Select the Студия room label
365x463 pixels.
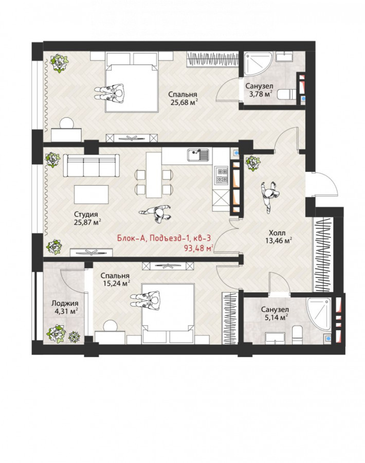tap(85, 215)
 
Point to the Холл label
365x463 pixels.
tap(277, 233)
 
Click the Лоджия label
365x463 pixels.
tap(65, 303)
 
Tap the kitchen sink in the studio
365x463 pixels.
tap(198, 155)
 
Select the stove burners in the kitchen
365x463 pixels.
tap(222, 175)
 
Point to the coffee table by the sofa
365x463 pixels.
tap(91, 194)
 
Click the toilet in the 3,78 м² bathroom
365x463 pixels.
tap(287, 95)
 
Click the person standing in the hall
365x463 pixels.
tap(269, 195)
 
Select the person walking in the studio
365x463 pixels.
tap(156, 212)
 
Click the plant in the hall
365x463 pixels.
tap(253, 163)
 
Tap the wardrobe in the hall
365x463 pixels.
tap(323, 254)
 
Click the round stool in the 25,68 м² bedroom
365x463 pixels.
tap(67, 123)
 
